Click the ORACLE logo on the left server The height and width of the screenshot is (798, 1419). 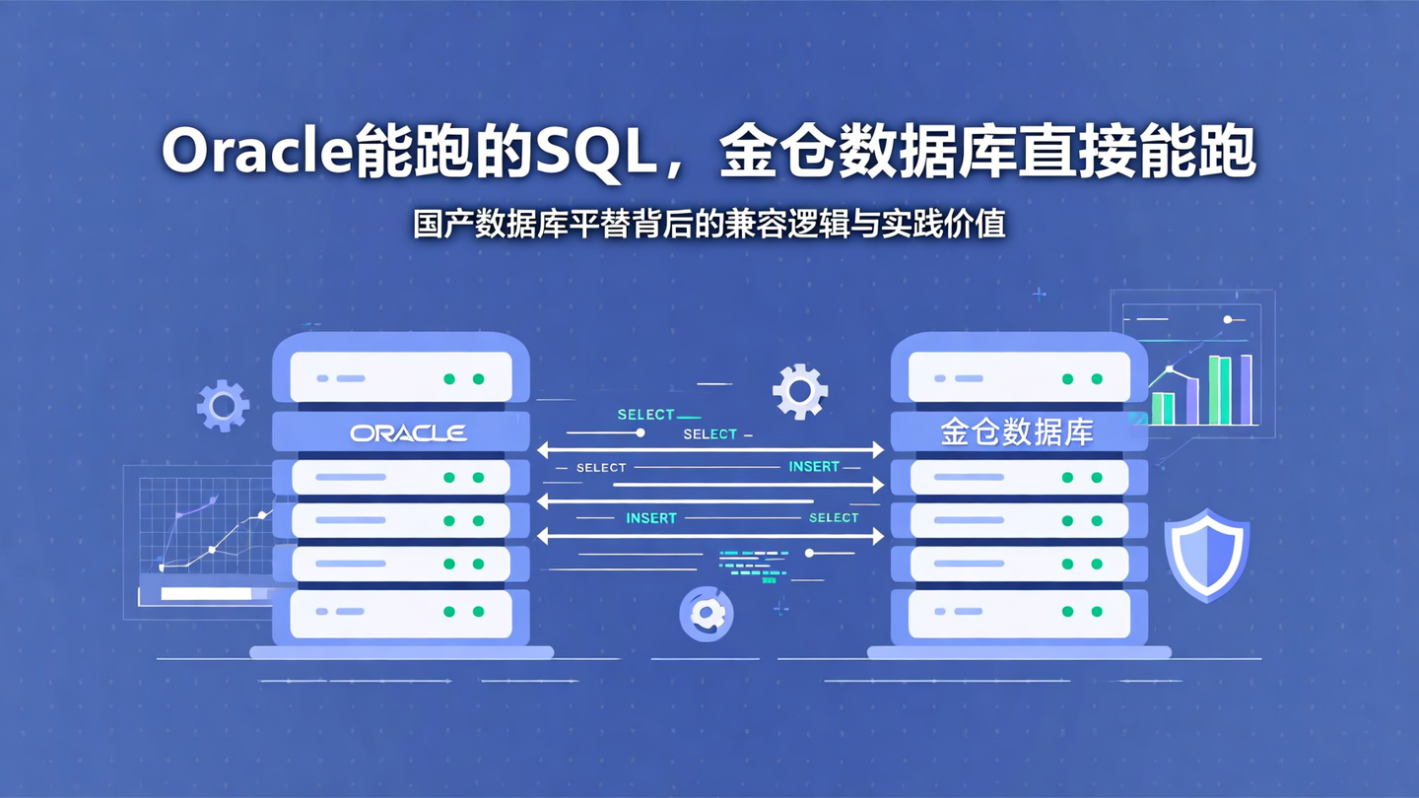pyautogui.click(x=408, y=432)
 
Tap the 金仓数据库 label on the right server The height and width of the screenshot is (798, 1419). pyautogui.click(x=1017, y=432)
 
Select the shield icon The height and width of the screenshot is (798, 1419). pyautogui.click(x=1206, y=555)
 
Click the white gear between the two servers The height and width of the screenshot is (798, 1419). pyautogui.click(x=799, y=391)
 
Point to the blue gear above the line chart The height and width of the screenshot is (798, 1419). pyautogui.click(x=223, y=405)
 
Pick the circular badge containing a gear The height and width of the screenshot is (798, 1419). pyautogui.click(x=707, y=614)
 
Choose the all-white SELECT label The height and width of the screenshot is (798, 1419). pyautogui.click(x=601, y=467)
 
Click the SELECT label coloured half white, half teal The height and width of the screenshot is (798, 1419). pyautogui.click(x=709, y=433)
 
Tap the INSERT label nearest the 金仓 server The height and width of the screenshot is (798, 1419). pyautogui.click(x=814, y=466)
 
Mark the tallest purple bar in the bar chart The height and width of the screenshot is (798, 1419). pyautogui.click(x=1246, y=390)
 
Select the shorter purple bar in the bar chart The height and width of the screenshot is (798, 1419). pyautogui.click(x=1191, y=401)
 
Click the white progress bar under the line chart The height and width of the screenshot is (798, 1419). pyautogui.click(x=206, y=594)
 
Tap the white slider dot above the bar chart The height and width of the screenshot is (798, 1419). pyautogui.click(x=1228, y=319)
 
